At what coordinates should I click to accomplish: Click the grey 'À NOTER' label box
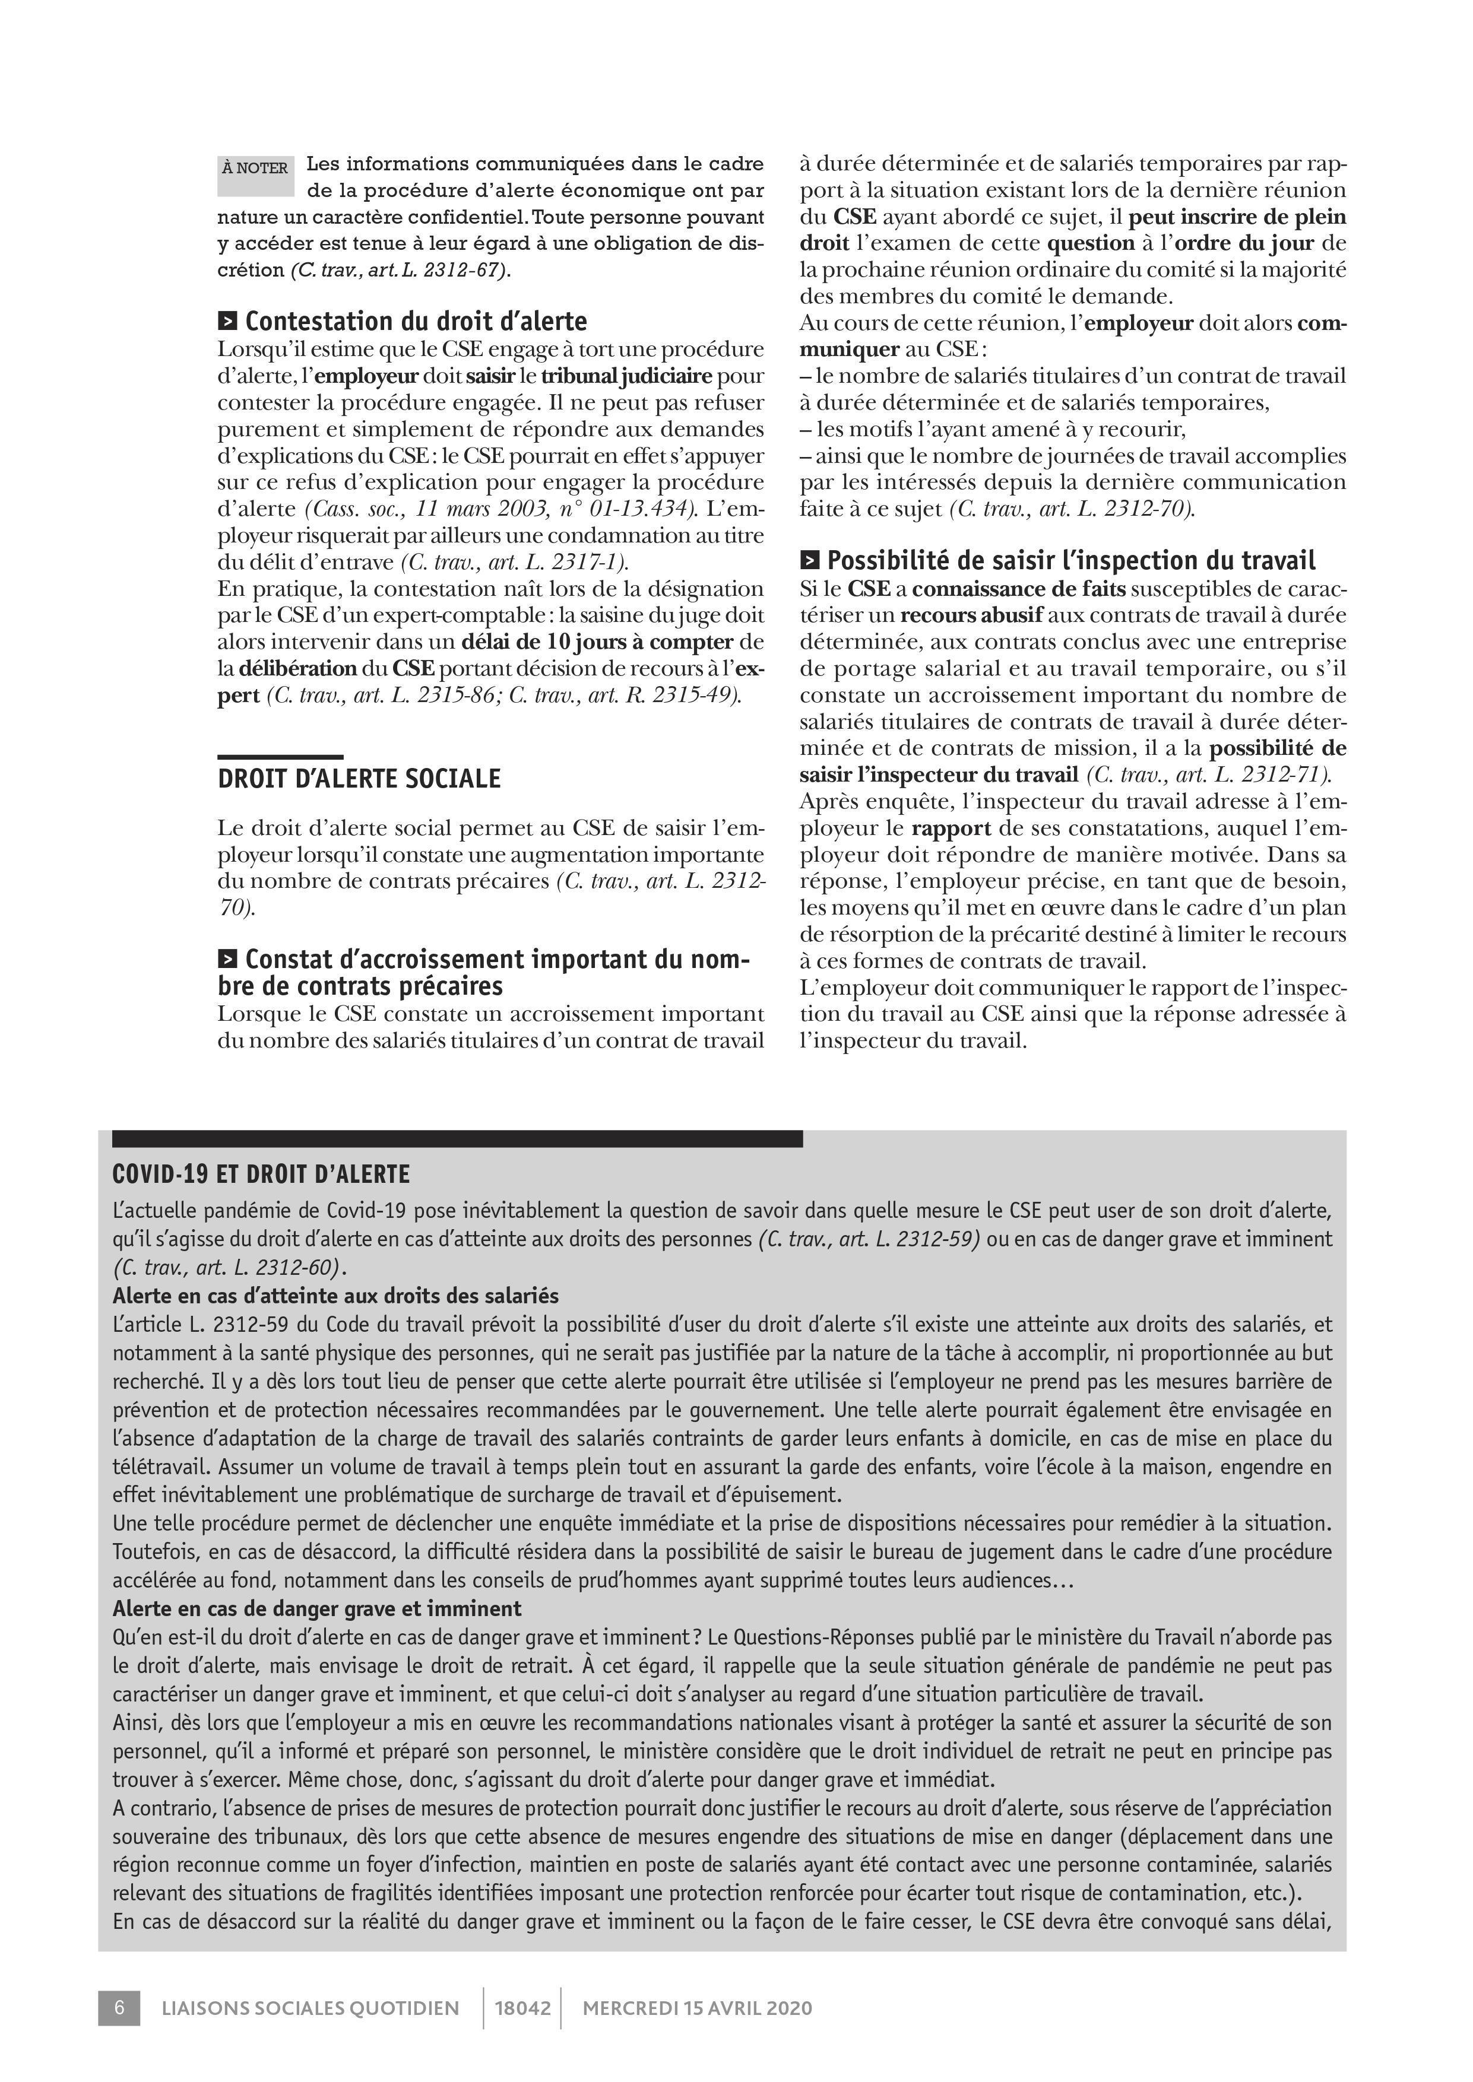coord(256,175)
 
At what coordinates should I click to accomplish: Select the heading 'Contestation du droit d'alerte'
coord(416,321)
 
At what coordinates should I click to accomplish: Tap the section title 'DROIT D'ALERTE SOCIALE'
coord(359,779)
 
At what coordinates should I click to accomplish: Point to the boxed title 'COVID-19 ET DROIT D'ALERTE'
coord(261,1175)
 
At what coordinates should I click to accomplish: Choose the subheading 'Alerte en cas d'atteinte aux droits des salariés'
coord(335,1296)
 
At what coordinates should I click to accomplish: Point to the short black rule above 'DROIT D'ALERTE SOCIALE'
coord(280,756)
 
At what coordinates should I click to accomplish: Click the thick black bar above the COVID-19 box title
coord(457,1139)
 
